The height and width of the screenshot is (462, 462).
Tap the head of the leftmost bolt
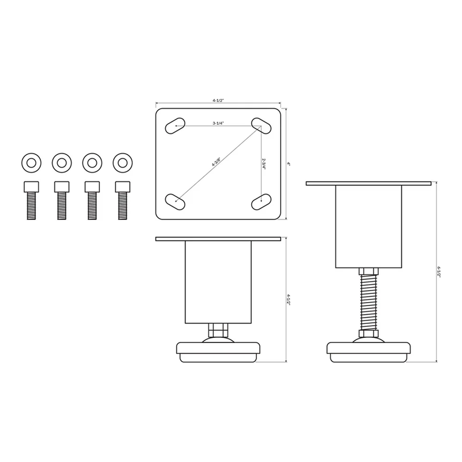click(x=31, y=187)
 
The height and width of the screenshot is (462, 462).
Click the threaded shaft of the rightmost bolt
click(x=122, y=206)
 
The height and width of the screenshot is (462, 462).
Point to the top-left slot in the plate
click(x=175, y=126)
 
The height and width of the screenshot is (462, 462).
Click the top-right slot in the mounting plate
click(x=261, y=126)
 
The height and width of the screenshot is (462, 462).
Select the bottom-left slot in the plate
click(x=175, y=202)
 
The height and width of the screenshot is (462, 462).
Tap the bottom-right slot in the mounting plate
click(x=261, y=202)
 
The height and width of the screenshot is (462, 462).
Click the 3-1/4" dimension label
click(x=218, y=124)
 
